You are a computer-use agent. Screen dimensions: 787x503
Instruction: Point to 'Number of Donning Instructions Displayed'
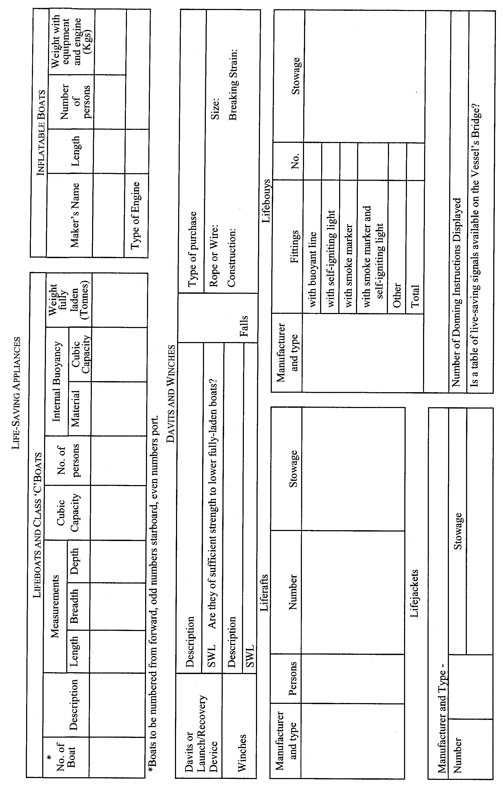457,292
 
